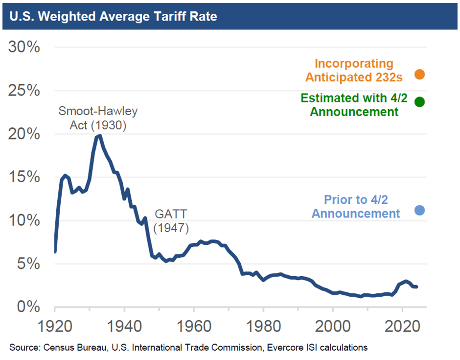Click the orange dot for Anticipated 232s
pos(419,74)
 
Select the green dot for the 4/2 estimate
pos(419,102)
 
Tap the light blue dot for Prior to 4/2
pos(419,210)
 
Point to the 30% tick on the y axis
pos(24,47)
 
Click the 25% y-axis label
pos(24,90)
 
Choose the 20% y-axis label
pos(24,134)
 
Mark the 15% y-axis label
pos(24,177)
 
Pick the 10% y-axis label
pos(24,220)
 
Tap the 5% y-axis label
pos(28,264)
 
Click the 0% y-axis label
pos(28,307)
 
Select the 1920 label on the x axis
pos(55,326)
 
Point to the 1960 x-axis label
pos(194,326)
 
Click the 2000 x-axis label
pos(333,326)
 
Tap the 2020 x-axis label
pos(402,326)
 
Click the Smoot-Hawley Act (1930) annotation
pos(98,118)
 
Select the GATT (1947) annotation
pos(171,221)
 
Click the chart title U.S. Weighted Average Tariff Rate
pos(113,17)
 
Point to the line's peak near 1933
pos(99,135)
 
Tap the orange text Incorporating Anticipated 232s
pos(354,71)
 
